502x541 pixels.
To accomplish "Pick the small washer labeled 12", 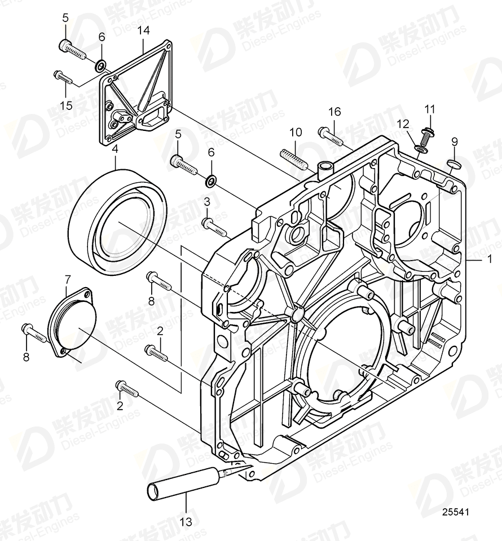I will (420, 148).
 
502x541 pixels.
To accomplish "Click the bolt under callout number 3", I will (215, 227).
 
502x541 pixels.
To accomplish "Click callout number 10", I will (296, 133).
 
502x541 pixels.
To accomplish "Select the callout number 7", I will (68, 279).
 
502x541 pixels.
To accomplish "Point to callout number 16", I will (335, 112).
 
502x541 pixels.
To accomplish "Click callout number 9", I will (455, 141).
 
